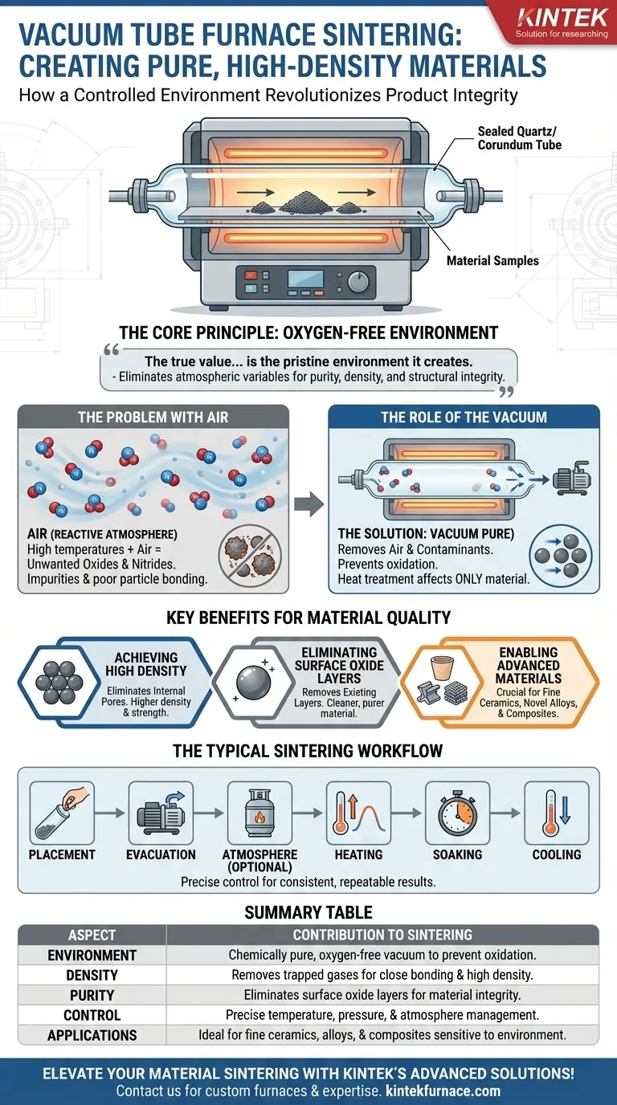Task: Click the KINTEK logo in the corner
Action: (x=562, y=22)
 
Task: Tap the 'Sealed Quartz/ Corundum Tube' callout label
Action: (x=519, y=138)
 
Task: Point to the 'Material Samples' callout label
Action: (x=492, y=260)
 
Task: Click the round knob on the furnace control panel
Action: (x=358, y=282)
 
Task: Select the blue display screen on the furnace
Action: (x=305, y=279)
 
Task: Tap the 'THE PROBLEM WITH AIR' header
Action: (x=153, y=418)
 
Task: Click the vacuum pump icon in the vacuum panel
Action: (x=571, y=478)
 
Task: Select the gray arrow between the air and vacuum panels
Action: (x=309, y=504)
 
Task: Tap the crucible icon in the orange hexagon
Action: (x=443, y=668)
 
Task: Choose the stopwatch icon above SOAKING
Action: (x=458, y=813)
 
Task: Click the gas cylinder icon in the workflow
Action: (x=259, y=813)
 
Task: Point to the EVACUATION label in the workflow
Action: (x=161, y=854)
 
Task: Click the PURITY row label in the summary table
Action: (x=92, y=995)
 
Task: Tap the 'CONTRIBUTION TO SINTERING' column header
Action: (x=382, y=935)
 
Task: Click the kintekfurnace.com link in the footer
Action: (x=443, y=1091)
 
